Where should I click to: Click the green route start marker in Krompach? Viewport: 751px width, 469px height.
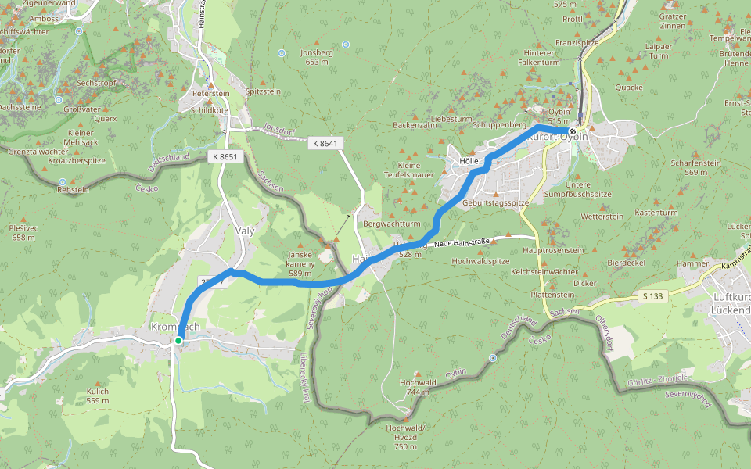(x=179, y=340)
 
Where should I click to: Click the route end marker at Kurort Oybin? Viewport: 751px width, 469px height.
(x=573, y=131)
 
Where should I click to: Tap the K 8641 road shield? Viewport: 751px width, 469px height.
(x=325, y=143)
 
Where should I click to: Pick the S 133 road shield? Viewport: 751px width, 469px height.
(x=653, y=296)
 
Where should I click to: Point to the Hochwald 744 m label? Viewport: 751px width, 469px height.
(x=416, y=387)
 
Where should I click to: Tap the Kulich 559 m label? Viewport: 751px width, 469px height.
(x=98, y=395)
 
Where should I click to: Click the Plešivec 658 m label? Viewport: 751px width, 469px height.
(x=23, y=231)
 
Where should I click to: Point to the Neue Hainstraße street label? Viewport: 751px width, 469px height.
(x=465, y=243)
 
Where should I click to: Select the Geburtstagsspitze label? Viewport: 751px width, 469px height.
(x=496, y=202)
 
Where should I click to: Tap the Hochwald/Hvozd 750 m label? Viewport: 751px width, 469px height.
(x=405, y=432)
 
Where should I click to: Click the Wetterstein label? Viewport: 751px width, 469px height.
(x=602, y=216)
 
